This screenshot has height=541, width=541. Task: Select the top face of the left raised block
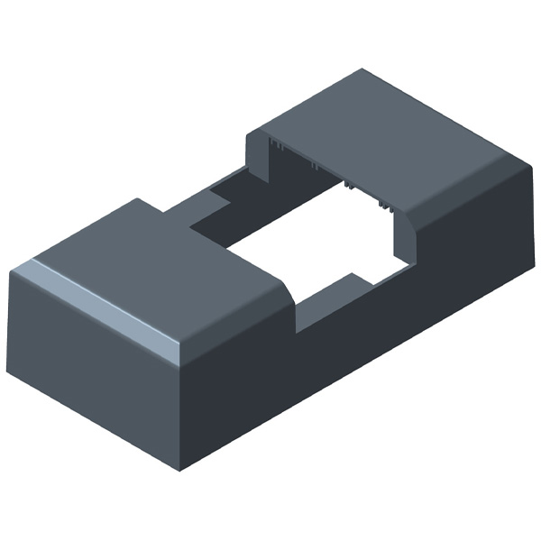click(162, 261)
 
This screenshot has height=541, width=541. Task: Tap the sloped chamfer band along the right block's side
click(469, 189)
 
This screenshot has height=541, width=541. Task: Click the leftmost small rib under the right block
click(275, 145)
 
